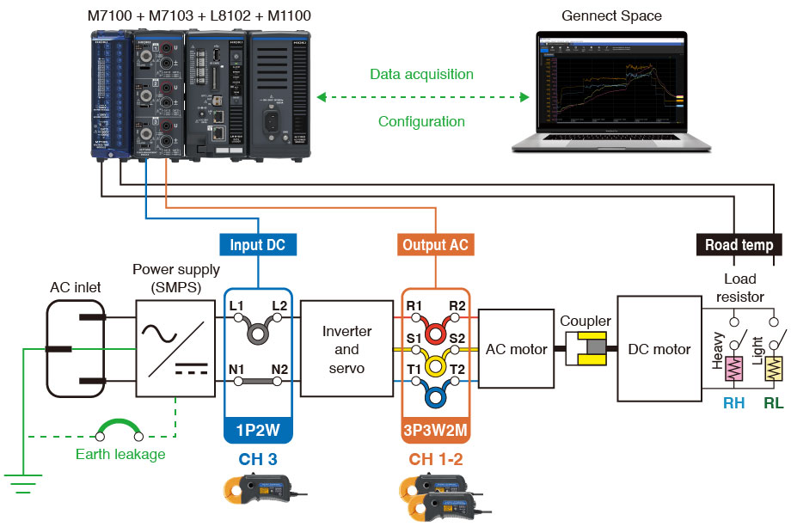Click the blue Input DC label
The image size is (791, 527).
257,245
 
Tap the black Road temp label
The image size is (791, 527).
739,245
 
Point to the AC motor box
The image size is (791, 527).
516,349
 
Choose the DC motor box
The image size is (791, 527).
660,349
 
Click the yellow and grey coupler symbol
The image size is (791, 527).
585,350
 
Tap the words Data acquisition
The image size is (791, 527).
421,74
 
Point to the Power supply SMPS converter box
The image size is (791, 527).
175,348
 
